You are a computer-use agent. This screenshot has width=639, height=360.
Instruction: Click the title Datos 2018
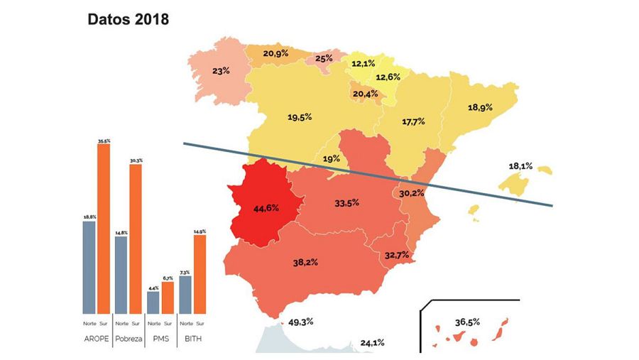point(128,19)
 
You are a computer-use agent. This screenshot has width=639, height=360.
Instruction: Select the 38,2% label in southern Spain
point(305,262)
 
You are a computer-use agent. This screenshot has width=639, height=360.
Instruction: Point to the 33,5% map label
point(346,202)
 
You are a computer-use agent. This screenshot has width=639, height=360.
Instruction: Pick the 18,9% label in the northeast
point(480,107)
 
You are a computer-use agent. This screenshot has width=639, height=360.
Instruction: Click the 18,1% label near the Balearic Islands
point(521,166)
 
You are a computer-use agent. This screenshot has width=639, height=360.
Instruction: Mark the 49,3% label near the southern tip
point(301,322)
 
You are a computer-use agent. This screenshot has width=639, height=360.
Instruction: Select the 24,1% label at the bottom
point(372,342)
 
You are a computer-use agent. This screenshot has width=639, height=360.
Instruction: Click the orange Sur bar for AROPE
point(104,227)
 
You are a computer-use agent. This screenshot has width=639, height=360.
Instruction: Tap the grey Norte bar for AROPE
point(89,267)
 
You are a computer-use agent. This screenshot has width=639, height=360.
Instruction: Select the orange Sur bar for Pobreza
point(135,239)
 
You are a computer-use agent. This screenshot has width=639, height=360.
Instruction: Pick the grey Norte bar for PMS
point(153,302)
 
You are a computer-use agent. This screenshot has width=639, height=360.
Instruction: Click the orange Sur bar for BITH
point(200,273)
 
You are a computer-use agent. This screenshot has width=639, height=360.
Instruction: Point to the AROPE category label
point(96,339)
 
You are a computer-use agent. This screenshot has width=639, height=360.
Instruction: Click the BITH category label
point(192,339)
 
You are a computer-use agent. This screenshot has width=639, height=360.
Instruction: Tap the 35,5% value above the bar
point(104,141)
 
